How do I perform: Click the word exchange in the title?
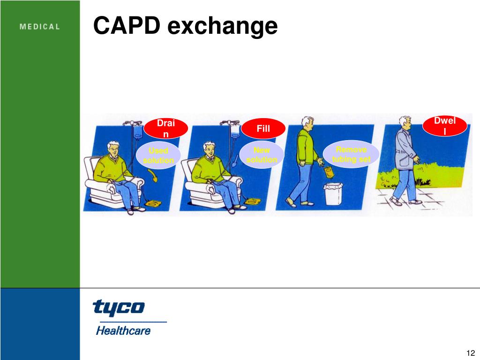point(222,26)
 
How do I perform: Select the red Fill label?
point(263,128)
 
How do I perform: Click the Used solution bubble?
point(158,155)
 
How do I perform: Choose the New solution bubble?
point(262,155)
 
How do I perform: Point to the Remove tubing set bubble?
point(351,154)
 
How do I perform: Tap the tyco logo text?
point(119,307)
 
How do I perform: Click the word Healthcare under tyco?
point(123,330)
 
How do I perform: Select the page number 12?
point(471,353)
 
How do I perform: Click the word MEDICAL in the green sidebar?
point(40,27)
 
